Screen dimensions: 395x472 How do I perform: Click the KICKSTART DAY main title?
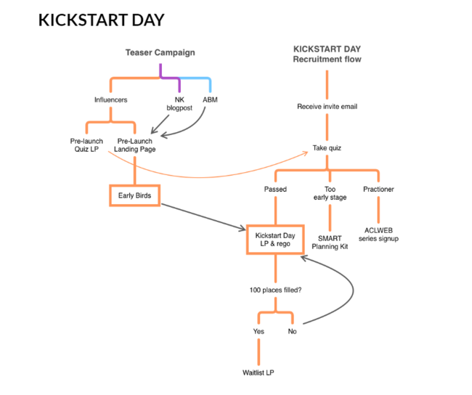101,20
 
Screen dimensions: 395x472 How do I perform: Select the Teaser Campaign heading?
160,52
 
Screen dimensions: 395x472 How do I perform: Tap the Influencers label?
110,99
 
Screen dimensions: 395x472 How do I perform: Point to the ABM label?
210,99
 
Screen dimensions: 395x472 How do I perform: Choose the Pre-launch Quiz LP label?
86,145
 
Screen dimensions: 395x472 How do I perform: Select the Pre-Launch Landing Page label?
134,145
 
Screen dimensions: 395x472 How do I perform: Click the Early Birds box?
134,195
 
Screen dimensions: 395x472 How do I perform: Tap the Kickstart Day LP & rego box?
274,240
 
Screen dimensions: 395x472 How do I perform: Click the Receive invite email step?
327,107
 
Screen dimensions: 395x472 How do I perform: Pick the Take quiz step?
327,148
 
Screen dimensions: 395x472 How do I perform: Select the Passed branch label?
274,190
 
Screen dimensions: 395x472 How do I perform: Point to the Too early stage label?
330,194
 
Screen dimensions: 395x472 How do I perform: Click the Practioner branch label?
378,190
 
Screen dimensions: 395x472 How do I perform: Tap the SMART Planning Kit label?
330,242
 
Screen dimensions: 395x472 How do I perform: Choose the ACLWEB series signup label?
378,235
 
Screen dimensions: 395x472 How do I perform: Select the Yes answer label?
259,331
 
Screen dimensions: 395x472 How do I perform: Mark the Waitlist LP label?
259,372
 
